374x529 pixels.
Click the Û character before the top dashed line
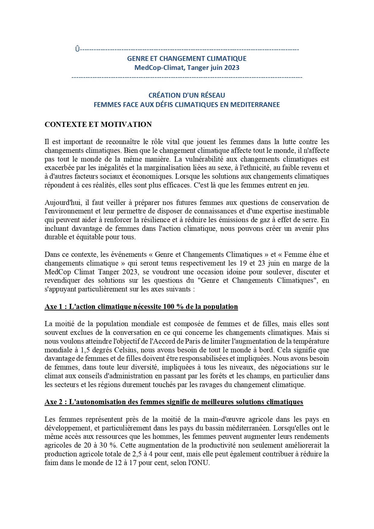(x=77, y=49)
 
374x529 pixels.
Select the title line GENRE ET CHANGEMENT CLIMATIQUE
(x=187, y=58)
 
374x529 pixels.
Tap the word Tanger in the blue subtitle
(x=198, y=68)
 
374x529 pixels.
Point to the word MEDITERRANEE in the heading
(x=255, y=105)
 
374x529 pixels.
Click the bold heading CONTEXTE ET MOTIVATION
(x=98, y=124)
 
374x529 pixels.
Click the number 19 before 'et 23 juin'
(x=244, y=263)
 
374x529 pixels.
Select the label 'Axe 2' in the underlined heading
(x=54, y=402)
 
